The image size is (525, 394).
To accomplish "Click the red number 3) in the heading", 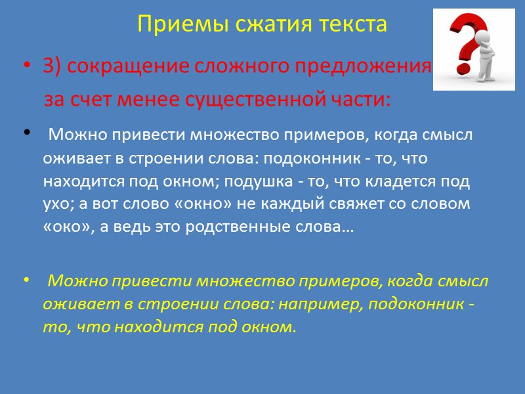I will pos(53,67).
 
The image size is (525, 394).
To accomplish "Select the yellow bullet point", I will pos(26,281).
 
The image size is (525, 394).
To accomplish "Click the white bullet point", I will pos(26,134).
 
